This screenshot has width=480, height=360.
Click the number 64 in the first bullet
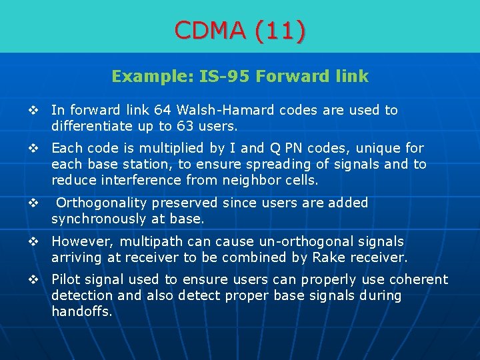click(x=162, y=110)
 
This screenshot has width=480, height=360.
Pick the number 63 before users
click(x=167, y=126)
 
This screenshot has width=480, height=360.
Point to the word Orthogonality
click(x=103, y=203)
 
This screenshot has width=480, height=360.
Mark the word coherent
click(x=417, y=279)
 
